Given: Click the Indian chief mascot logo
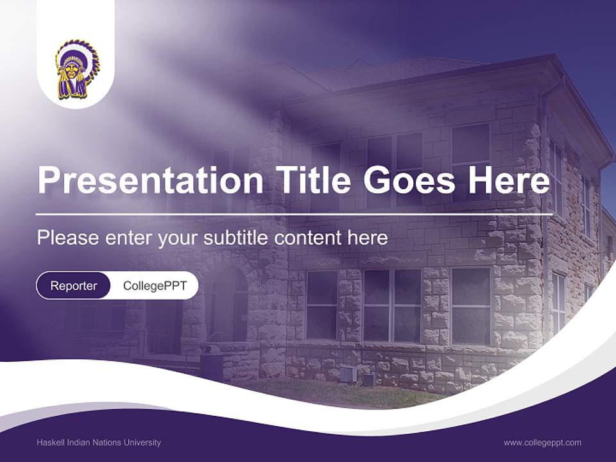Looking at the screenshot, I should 76,69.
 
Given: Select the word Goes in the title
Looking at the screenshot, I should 409,180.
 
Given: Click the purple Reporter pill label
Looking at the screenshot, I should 73,286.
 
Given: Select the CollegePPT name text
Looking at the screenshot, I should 155,286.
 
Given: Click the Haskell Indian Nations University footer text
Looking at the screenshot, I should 99,442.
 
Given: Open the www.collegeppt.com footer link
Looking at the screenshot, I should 542,442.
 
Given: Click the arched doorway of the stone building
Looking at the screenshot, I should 229,302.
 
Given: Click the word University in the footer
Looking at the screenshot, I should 144,442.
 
